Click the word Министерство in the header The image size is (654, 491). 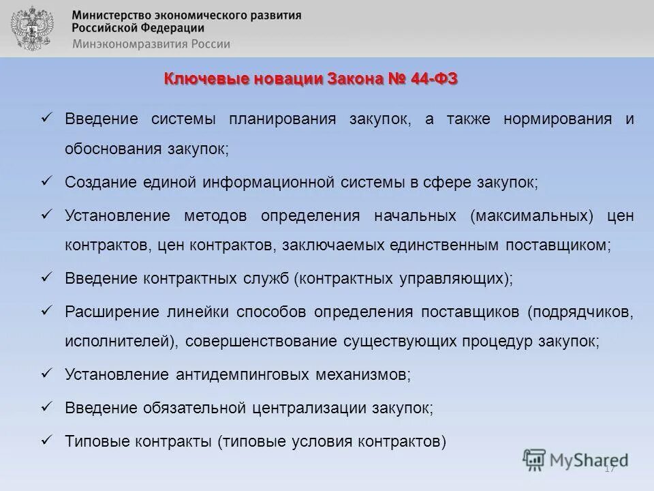115,15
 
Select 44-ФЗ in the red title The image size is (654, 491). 435,79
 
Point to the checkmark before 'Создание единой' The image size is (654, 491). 47,181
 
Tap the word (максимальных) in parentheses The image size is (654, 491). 531,216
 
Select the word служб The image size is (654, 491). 268,278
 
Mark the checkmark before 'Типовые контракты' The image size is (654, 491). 47,439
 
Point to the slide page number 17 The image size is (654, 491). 609,468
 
